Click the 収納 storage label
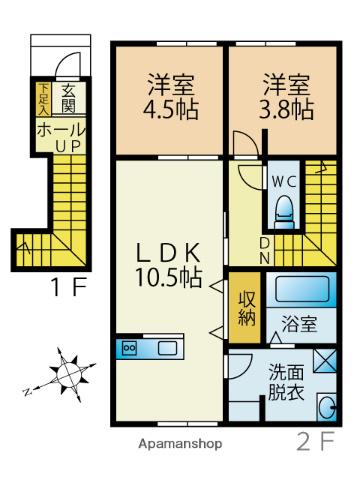[246, 306]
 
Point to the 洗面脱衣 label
[284, 384]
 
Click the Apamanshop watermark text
[181, 443]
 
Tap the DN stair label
[263, 249]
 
